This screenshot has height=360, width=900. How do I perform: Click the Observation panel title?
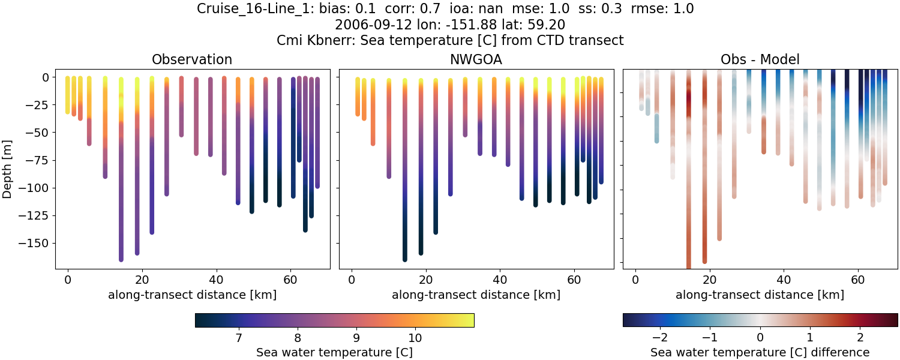(x=192, y=59)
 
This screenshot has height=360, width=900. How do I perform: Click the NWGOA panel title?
(x=476, y=59)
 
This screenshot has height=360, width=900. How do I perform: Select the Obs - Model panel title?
(x=760, y=59)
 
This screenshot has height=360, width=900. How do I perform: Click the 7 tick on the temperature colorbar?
(x=238, y=337)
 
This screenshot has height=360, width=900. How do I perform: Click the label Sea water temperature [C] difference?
(x=760, y=352)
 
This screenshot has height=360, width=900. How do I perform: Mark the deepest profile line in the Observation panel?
(x=121, y=180)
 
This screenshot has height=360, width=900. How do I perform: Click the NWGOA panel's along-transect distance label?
(x=476, y=295)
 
